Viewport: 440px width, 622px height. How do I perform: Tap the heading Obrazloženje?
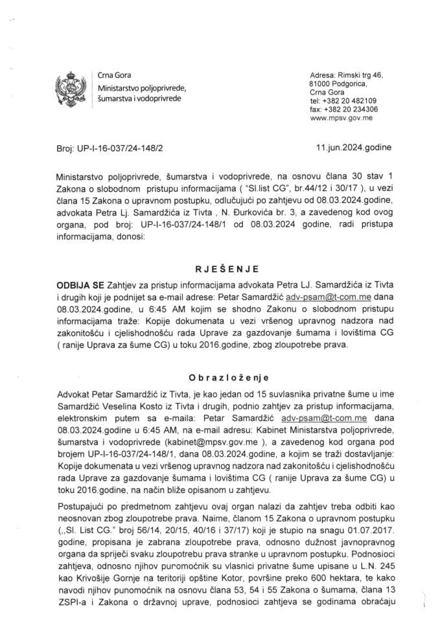tap(220, 378)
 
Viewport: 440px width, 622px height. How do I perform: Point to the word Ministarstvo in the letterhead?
tap(119, 87)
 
